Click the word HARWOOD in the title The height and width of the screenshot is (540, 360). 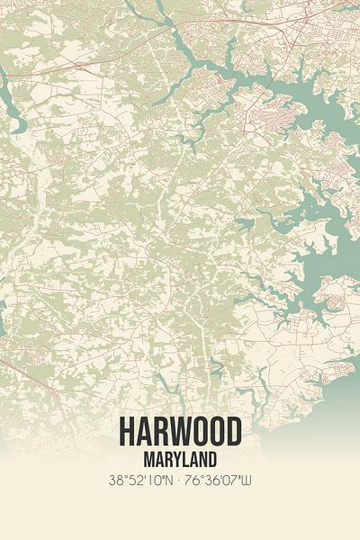(180, 432)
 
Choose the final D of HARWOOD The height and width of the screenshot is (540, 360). (234, 432)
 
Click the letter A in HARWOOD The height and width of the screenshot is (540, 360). (142, 432)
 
